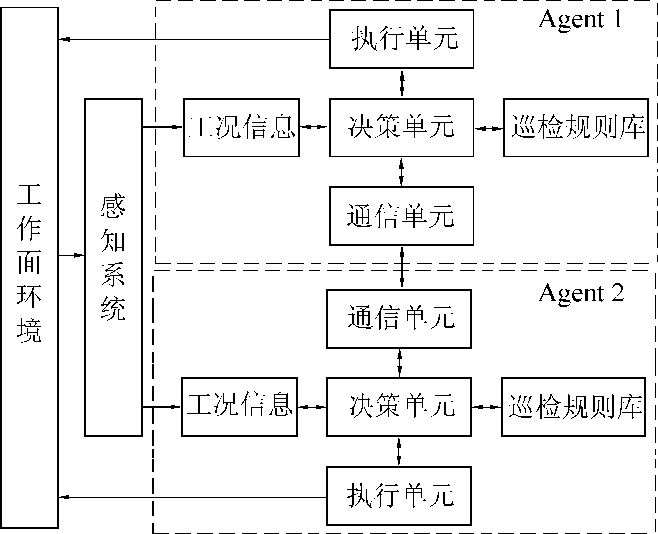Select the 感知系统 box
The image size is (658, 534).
(113, 267)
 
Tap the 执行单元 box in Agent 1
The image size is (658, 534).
(401, 39)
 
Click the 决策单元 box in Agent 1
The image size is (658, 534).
(401, 127)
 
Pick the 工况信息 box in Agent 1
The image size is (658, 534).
(241, 127)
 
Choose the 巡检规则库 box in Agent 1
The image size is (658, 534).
(575, 127)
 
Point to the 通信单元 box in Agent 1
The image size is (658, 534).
(401, 216)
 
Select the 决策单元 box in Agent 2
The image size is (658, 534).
(399, 407)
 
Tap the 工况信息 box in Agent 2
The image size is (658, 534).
(239, 407)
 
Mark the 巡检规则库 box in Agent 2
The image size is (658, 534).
(573, 407)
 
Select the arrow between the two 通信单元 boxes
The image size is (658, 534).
(402, 267)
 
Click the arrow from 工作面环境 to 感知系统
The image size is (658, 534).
(71, 255)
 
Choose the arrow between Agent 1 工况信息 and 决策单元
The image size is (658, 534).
(314, 127)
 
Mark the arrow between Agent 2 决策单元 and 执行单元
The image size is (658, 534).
(399, 451)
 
